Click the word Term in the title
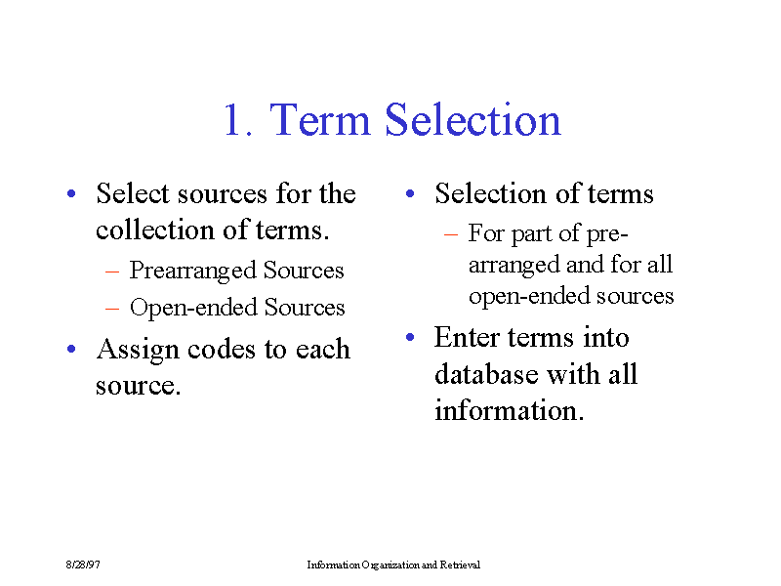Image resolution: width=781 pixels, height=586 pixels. coord(320,119)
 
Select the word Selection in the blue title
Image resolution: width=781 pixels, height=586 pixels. coord(473,118)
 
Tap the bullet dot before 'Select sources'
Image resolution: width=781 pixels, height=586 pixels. coord(71,193)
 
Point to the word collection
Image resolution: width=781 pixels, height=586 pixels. coord(155,230)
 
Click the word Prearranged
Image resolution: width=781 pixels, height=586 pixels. coord(192,272)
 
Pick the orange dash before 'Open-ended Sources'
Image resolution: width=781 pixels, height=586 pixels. coord(112,309)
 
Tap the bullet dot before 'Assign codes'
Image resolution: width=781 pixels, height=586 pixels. coord(71,349)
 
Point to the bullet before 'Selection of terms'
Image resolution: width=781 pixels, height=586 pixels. coord(410,193)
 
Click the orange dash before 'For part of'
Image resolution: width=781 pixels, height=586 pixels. coord(451,234)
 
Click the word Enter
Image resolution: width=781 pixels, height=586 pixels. coord(467,337)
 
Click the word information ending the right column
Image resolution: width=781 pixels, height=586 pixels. coord(509,410)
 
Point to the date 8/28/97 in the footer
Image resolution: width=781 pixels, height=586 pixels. coord(83,565)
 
